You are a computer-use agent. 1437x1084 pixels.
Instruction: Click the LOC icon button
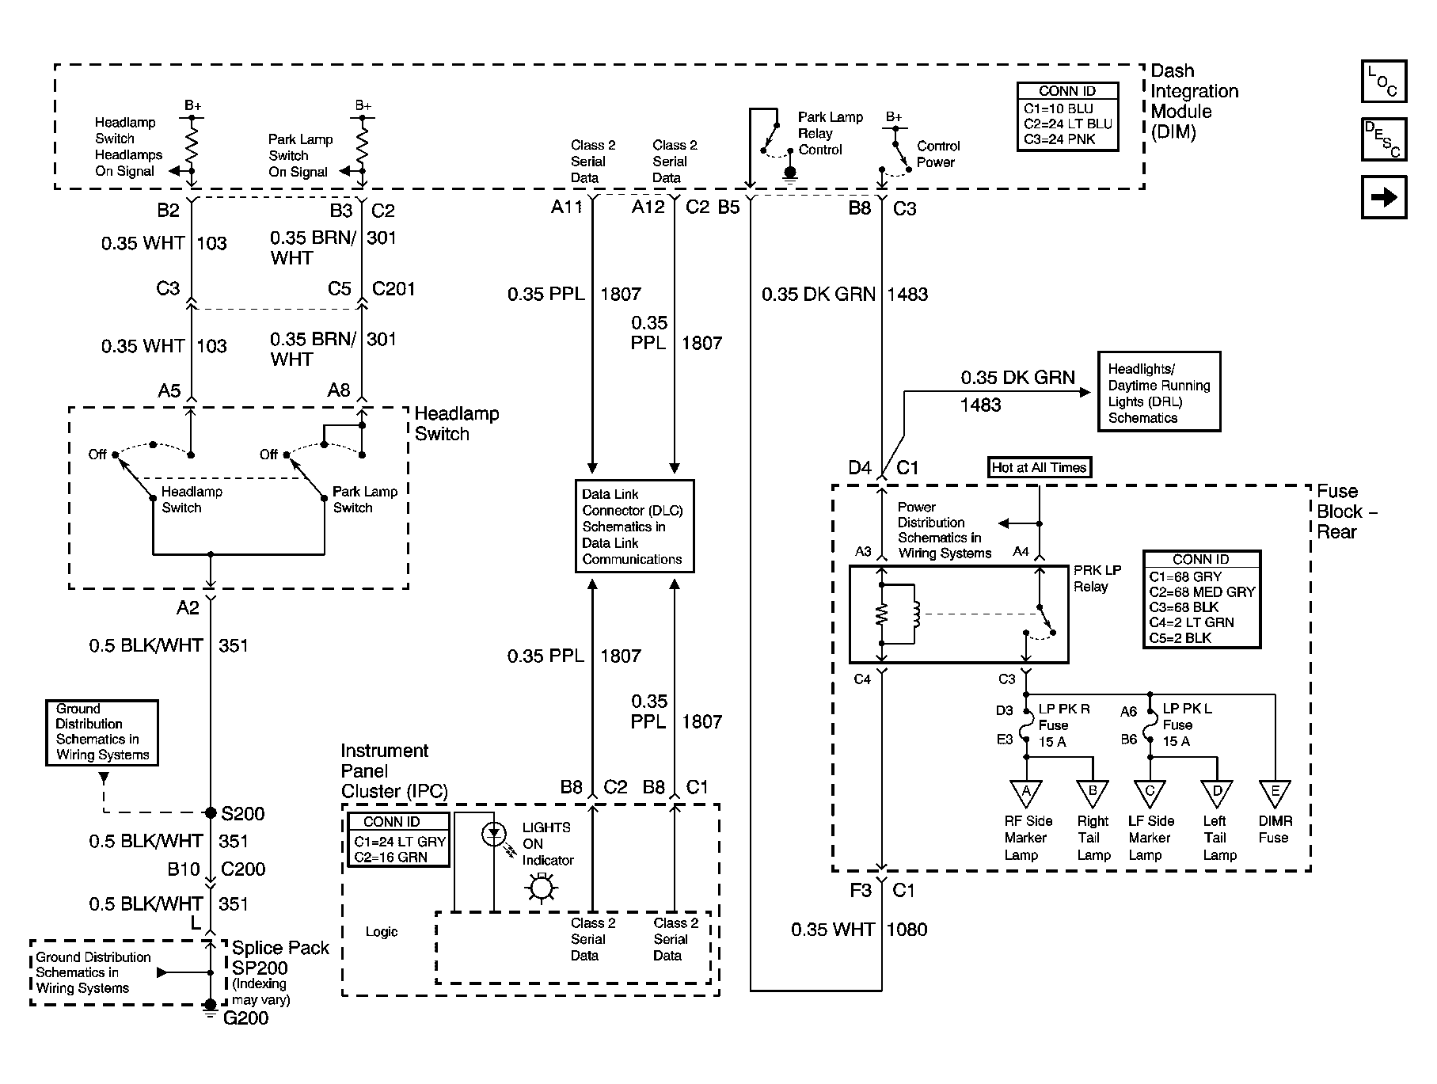pos(1383,81)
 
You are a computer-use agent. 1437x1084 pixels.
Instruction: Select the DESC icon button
pos(1383,139)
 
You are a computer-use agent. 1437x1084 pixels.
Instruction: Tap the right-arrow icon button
pos(1383,196)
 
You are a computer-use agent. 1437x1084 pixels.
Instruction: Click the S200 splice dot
pos(211,812)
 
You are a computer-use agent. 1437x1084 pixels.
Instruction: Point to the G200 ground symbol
pos(211,1007)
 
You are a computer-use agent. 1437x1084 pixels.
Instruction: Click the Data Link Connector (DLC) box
pos(634,526)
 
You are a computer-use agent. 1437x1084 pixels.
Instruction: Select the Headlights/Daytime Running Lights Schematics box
pos(1159,392)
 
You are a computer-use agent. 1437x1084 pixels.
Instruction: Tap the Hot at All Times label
pos(1040,467)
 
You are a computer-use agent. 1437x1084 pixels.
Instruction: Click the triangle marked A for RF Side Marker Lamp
pos(1026,793)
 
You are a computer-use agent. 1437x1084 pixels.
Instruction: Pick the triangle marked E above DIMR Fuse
pos(1275,793)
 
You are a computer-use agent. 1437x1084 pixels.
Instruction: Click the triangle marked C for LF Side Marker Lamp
pos(1150,793)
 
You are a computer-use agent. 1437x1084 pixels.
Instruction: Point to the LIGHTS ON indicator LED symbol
pos(495,833)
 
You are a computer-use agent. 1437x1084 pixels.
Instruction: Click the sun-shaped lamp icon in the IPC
pos(542,888)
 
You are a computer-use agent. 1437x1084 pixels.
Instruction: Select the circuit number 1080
pos(907,930)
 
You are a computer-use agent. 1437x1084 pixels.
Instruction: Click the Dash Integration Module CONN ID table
pos(1067,116)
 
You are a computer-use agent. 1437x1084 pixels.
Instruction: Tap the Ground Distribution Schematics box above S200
pos(102,732)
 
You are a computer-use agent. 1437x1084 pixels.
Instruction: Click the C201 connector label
pos(393,289)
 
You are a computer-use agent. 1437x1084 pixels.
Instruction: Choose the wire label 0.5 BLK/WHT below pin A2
pos(146,646)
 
